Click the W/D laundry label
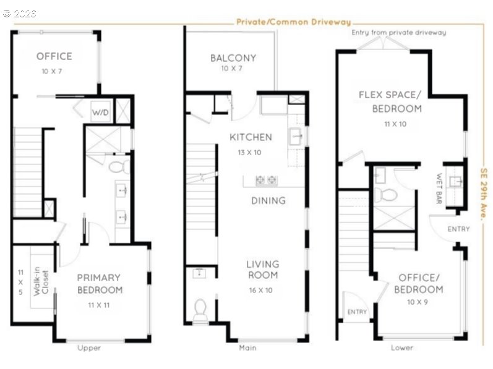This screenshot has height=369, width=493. pyautogui.click(x=100, y=112)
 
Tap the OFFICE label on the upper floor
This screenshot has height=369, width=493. pyautogui.click(x=54, y=56)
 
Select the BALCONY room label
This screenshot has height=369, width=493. pyautogui.click(x=233, y=58)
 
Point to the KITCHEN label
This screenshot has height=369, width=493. pyautogui.click(x=251, y=137)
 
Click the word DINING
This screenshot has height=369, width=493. pyautogui.click(x=268, y=200)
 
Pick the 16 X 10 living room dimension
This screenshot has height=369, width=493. pyautogui.click(x=260, y=290)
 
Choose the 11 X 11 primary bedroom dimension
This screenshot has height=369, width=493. pyautogui.click(x=99, y=305)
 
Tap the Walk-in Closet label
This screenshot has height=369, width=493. pyautogui.click(x=41, y=281)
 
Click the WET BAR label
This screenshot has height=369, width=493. pyautogui.click(x=439, y=189)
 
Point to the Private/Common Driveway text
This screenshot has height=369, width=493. pyautogui.click(x=294, y=22)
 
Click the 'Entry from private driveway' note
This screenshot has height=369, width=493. pyautogui.click(x=399, y=32)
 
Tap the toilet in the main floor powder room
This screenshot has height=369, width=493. pyautogui.click(x=200, y=309)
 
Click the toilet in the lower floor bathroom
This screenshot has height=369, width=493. pyautogui.click(x=386, y=195)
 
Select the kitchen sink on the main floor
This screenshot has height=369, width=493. pyautogui.click(x=295, y=137)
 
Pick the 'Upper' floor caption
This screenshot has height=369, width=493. pyautogui.click(x=89, y=348)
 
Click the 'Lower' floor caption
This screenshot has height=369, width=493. pyautogui.click(x=402, y=347)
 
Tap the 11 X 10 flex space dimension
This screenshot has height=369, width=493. pyautogui.click(x=395, y=124)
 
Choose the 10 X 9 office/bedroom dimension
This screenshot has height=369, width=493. pyautogui.click(x=418, y=302)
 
